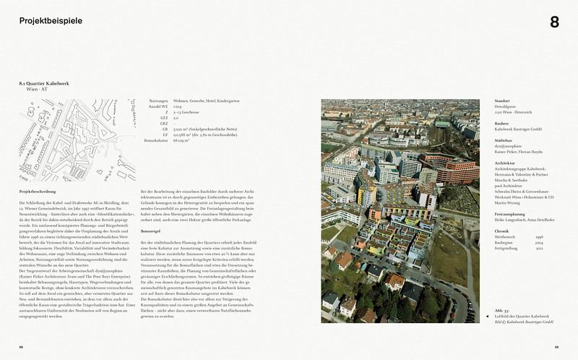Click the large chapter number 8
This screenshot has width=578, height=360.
click(554, 22)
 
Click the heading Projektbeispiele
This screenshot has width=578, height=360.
click(51, 21)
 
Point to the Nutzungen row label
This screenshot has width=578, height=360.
click(158, 100)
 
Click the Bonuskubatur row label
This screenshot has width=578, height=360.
click(156, 141)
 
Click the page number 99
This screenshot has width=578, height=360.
click(556, 346)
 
